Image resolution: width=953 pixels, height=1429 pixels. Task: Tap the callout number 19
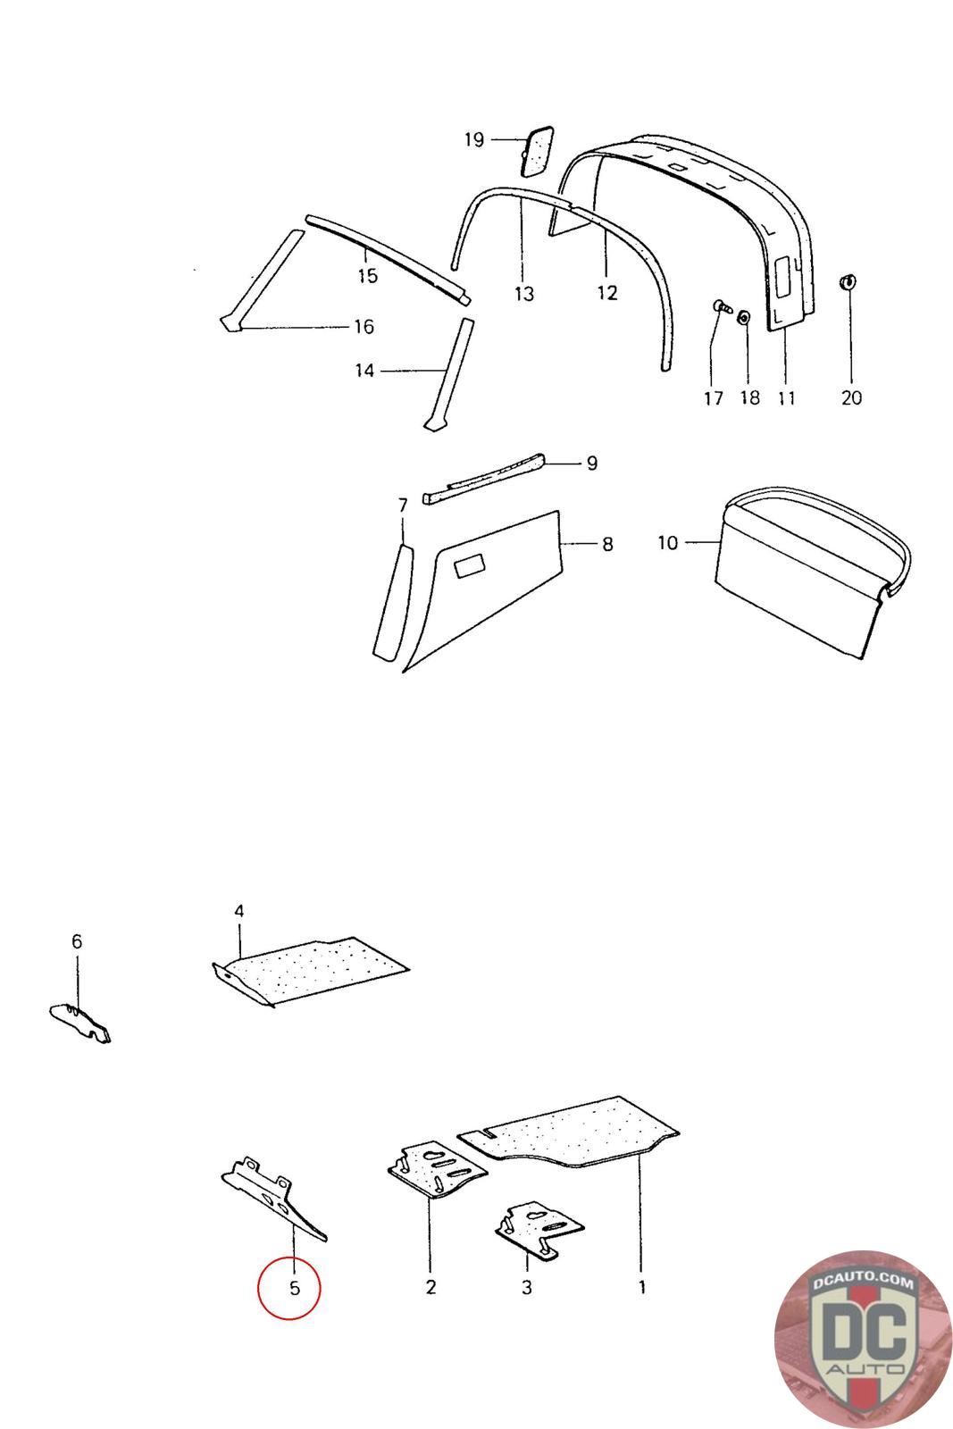[x=473, y=140]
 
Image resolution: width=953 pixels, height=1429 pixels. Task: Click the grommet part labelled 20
[x=848, y=283]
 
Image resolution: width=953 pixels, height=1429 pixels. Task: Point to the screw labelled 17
[x=722, y=309]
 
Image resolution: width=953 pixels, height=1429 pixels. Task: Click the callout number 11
[x=786, y=397]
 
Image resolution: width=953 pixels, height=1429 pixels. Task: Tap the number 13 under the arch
[x=523, y=294]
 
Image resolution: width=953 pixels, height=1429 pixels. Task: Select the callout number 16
[x=364, y=327]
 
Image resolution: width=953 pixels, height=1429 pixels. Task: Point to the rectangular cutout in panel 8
[x=469, y=564]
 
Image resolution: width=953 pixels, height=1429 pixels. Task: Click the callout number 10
[x=668, y=542]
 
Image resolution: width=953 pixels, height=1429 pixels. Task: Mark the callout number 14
[x=364, y=370]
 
